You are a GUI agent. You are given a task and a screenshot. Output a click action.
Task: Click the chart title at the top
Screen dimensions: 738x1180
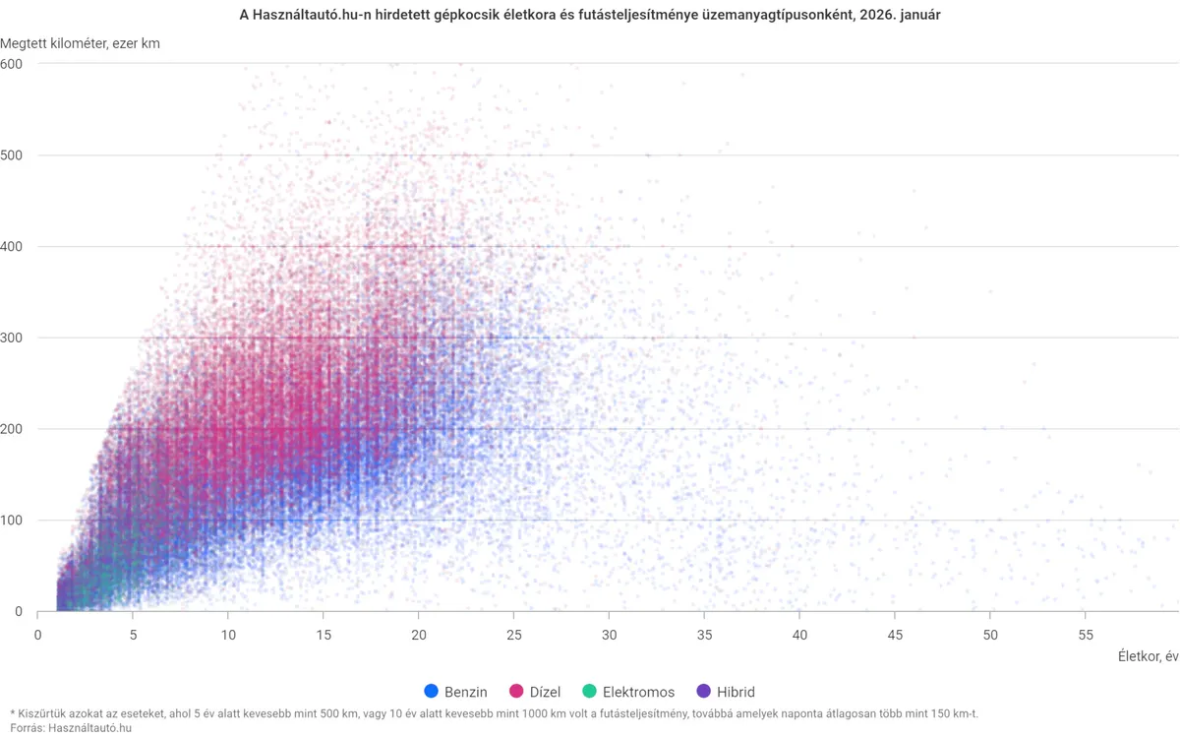pyautogui.click(x=590, y=17)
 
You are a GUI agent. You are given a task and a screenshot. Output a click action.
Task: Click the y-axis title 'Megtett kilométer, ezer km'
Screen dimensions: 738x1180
pyautogui.click(x=81, y=44)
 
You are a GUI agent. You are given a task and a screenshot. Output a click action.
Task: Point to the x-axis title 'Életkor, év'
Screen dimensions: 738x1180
pyautogui.click(x=1148, y=656)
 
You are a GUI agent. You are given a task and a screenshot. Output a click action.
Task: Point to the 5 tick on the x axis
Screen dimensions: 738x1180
pyautogui.click(x=133, y=635)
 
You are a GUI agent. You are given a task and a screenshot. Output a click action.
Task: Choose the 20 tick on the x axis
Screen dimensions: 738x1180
pyautogui.click(x=419, y=635)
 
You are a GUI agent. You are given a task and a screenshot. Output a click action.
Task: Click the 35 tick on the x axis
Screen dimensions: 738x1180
pyautogui.click(x=705, y=635)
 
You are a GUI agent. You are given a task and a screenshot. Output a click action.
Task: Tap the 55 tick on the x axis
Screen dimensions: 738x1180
pyautogui.click(x=1086, y=635)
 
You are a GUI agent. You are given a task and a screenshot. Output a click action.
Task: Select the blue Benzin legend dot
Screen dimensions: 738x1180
pyautogui.click(x=431, y=692)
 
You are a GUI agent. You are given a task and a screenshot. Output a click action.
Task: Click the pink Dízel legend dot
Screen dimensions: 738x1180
pyautogui.click(x=516, y=692)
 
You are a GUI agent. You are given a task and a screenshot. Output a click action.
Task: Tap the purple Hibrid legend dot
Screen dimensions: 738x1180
pyautogui.click(x=702, y=692)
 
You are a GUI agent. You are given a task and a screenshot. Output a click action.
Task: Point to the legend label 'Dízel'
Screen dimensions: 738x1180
pyautogui.click(x=545, y=692)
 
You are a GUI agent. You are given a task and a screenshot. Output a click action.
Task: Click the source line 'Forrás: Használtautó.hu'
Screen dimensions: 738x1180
pyautogui.click(x=71, y=727)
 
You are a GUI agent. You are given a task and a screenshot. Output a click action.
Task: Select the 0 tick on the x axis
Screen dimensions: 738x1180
pyautogui.click(x=37, y=635)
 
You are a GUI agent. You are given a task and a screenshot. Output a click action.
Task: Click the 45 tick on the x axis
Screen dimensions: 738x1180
pyautogui.click(x=895, y=635)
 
